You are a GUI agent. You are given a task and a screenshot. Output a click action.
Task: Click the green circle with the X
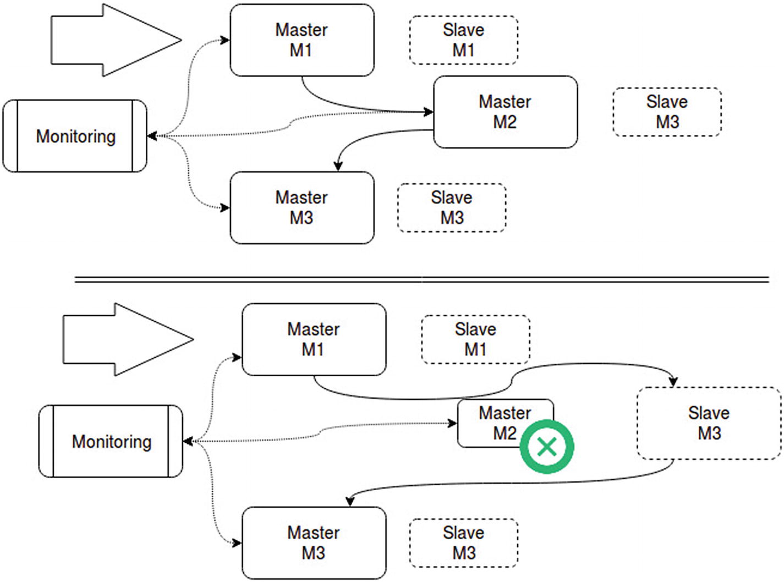coord(547,446)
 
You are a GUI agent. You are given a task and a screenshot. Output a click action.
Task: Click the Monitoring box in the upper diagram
coord(75,136)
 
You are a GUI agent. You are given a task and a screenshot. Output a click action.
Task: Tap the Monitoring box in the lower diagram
coord(111,441)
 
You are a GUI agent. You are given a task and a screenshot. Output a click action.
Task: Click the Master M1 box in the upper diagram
coord(301,40)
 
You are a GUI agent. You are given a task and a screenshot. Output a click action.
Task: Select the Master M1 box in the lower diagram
coord(314,339)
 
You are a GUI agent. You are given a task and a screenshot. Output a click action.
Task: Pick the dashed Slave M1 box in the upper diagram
coord(463,40)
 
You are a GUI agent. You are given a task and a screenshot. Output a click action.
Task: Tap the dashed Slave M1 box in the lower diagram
coord(475,339)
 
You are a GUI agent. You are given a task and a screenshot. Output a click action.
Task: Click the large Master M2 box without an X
coord(505,112)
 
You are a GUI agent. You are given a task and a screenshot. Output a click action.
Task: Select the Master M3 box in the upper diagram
coord(301,208)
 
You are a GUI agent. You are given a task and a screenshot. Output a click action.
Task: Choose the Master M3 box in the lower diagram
coord(314,543)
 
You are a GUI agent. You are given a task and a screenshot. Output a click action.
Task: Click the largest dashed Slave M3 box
coord(709,423)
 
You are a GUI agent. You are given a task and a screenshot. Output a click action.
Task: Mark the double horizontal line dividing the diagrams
coord(421,280)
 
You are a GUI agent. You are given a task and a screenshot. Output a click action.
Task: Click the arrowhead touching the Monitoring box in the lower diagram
coord(188,441)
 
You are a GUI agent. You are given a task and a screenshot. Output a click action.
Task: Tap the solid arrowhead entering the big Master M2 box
coord(429,112)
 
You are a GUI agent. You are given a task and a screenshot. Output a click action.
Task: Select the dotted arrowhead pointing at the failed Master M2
coord(453,423)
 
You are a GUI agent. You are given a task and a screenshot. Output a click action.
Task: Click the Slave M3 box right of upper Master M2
coord(667,112)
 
